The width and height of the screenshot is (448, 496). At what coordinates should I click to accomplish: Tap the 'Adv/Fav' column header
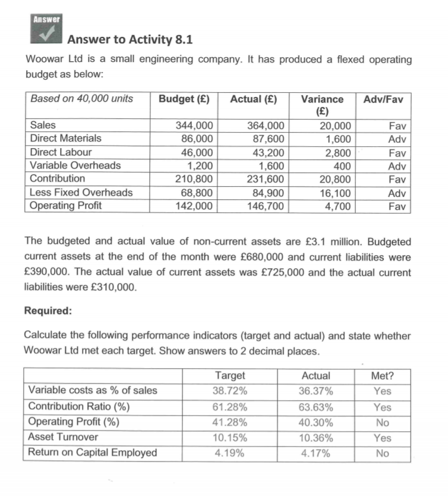point(384,99)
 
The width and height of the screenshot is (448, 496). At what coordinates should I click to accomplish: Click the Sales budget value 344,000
point(195,125)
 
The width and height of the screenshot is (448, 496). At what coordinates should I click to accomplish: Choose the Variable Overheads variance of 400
point(341,165)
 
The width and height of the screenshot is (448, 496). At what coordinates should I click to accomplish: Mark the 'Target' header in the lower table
point(229,376)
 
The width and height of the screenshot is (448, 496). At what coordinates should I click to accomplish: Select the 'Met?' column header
point(383,376)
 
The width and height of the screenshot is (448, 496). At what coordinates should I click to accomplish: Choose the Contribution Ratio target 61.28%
point(230,407)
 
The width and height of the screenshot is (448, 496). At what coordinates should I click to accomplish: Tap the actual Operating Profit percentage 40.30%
point(317,423)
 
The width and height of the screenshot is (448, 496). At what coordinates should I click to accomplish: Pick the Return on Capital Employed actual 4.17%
point(317,453)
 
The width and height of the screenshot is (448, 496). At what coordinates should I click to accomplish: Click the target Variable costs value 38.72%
point(230,391)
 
